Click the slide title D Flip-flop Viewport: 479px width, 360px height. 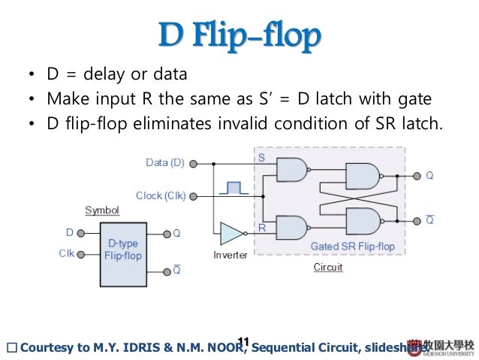(x=239, y=35)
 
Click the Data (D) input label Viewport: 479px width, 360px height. (x=165, y=162)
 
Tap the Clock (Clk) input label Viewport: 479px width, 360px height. (x=161, y=197)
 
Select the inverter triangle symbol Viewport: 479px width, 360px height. (x=230, y=234)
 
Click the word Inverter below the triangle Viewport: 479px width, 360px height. (x=230, y=256)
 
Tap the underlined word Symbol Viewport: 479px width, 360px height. (x=102, y=210)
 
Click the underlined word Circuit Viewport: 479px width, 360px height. (x=328, y=268)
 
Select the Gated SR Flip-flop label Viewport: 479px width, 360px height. (x=353, y=246)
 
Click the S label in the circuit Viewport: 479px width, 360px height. (x=261, y=159)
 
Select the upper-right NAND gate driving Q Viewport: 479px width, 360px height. (x=363, y=176)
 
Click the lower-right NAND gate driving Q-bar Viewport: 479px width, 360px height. (x=363, y=221)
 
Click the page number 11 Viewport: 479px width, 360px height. (x=243, y=343)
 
